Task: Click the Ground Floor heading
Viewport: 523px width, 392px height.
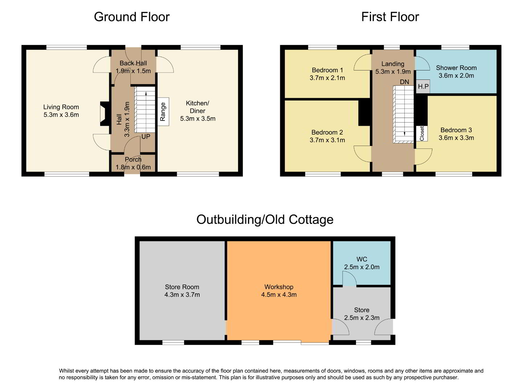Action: pos(131,17)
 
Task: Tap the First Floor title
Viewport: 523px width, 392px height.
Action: pos(390,17)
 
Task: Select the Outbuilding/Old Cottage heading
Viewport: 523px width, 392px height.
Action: pos(265,220)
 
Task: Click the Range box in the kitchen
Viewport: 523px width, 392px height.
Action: pos(163,111)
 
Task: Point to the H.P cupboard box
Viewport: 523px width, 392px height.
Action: pos(423,86)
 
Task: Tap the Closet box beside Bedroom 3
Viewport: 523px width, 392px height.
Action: pos(422,134)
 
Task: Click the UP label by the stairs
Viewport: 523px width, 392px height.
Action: pos(146,136)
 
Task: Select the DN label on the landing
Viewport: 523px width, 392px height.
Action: pos(404,82)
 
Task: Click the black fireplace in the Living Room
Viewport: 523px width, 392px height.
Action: pos(105,114)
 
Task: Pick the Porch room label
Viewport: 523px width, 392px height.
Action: pos(133,159)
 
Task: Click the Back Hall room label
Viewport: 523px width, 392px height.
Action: pos(133,63)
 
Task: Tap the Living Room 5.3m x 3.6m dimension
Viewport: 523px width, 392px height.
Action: pos(61,115)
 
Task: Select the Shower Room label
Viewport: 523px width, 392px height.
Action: pos(456,68)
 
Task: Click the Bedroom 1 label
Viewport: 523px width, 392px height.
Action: pos(327,70)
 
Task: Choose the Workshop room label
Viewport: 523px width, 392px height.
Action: pos(279,287)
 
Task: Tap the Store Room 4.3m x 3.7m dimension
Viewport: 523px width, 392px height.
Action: pos(182,295)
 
